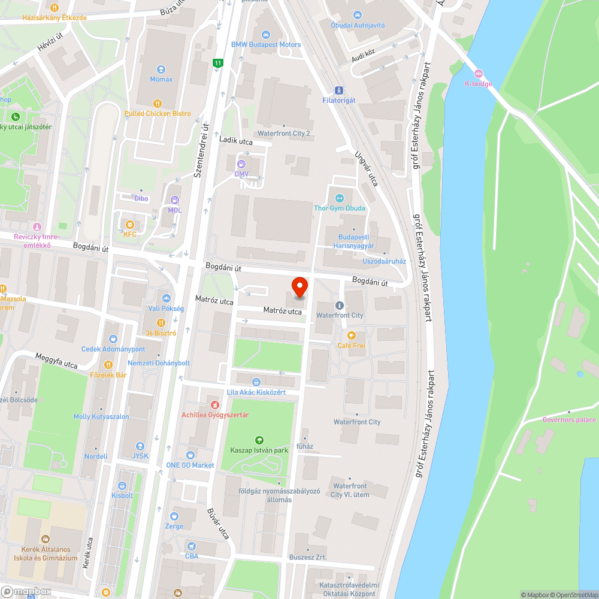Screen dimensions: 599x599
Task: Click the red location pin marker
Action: click(x=299, y=286)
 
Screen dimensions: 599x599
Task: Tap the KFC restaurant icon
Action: click(x=129, y=224)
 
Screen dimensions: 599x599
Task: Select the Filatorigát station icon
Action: click(x=339, y=90)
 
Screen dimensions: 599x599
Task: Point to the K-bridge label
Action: click(x=478, y=84)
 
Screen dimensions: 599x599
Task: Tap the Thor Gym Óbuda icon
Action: click(x=340, y=198)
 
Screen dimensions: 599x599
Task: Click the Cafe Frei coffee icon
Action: click(x=352, y=335)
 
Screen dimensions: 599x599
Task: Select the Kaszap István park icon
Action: click(x=259, y=440)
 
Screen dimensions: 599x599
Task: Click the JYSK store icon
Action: click(x=140, y=446)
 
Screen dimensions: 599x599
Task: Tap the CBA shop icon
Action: click(x=191, y=546)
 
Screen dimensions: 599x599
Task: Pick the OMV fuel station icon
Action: click(x=241, y=164)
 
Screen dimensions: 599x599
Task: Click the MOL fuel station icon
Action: click(x=175, y=200)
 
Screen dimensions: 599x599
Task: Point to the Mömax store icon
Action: click(x=161, y=69)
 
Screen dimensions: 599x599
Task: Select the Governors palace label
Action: click(x=569, y=420)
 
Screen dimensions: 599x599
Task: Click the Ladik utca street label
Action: click(x=236, y=141)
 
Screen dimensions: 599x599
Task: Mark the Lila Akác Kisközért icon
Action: click(x=256, y=382)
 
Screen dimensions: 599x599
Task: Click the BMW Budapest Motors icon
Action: click(x=267, y=34)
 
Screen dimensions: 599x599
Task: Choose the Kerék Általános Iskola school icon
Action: click(x=46, y=539)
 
